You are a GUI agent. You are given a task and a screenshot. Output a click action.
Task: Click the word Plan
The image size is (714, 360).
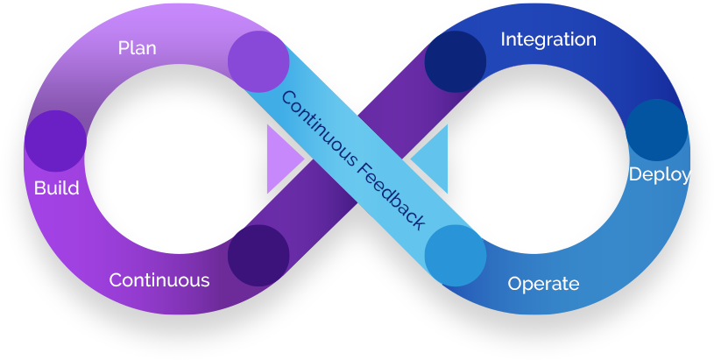tap(137, 47)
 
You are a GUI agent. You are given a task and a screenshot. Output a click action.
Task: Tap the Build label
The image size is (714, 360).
tap(56, 187)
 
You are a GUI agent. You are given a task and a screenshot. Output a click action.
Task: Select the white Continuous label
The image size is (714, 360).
tap(159, 280)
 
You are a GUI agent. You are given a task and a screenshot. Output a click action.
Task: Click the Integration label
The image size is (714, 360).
tap(548, 39)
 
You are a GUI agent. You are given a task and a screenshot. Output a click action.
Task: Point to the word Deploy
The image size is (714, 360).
tap(660, 174)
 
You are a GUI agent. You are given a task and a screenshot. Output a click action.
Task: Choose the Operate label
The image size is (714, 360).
tap(543, 284)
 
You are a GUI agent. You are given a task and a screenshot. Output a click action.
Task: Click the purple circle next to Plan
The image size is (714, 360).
tap(258, 61)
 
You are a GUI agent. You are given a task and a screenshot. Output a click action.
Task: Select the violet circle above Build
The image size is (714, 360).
tap(55, 141)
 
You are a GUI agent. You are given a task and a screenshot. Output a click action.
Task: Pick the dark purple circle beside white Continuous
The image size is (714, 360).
tap(258, 255)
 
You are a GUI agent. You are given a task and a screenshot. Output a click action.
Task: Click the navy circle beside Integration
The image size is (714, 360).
tap(456, 61)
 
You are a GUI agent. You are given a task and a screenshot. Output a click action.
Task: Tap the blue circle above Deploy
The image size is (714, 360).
tap(656, 130)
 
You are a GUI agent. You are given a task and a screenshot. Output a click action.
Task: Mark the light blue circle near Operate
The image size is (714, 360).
tap(456, 256)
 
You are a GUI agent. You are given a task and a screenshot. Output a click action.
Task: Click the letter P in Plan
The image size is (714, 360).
tap(124, 47)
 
